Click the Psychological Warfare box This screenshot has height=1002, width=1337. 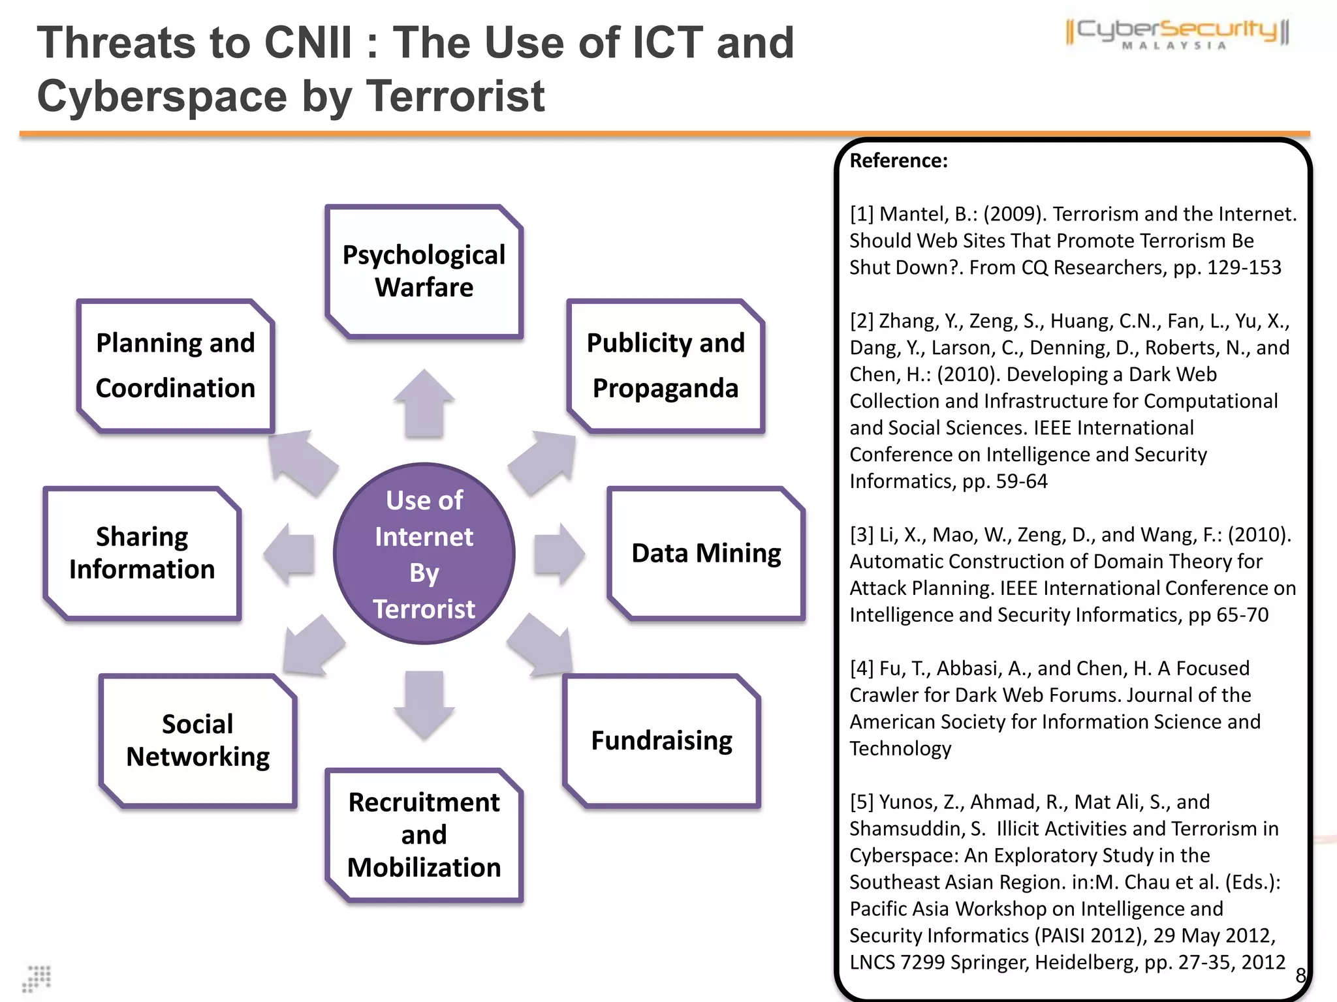pos(424,271)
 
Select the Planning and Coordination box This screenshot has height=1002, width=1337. pos(175,366)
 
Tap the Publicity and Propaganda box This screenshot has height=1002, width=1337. pos(665,366)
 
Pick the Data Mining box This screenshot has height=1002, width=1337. pos(706,553)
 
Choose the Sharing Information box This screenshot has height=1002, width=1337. pos(142,553)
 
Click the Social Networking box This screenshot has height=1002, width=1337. pos(198,740)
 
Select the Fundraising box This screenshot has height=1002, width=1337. pos(661,741)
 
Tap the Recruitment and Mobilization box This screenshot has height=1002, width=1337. pos(424,835)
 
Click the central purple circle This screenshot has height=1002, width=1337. pos(424,554)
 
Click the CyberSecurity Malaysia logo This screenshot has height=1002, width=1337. pos(1176,33)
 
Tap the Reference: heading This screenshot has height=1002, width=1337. pos(898,160)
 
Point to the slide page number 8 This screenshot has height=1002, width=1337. pos(1300,975)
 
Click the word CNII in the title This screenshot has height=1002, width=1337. pos(307,43)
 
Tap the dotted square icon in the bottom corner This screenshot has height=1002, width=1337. pos(37,979)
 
